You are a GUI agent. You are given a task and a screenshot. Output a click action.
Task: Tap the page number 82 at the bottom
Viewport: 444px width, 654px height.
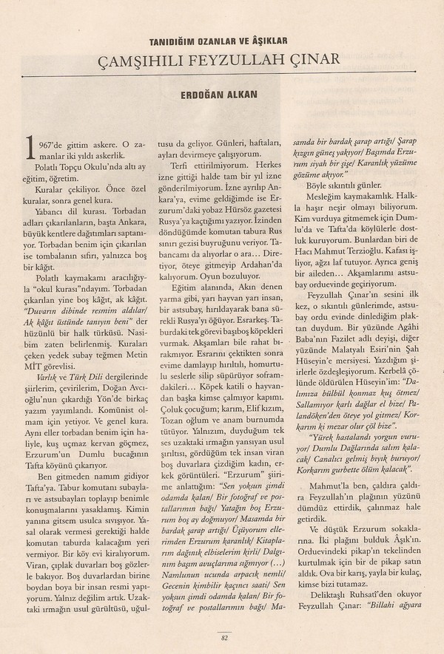click(222, 639)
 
